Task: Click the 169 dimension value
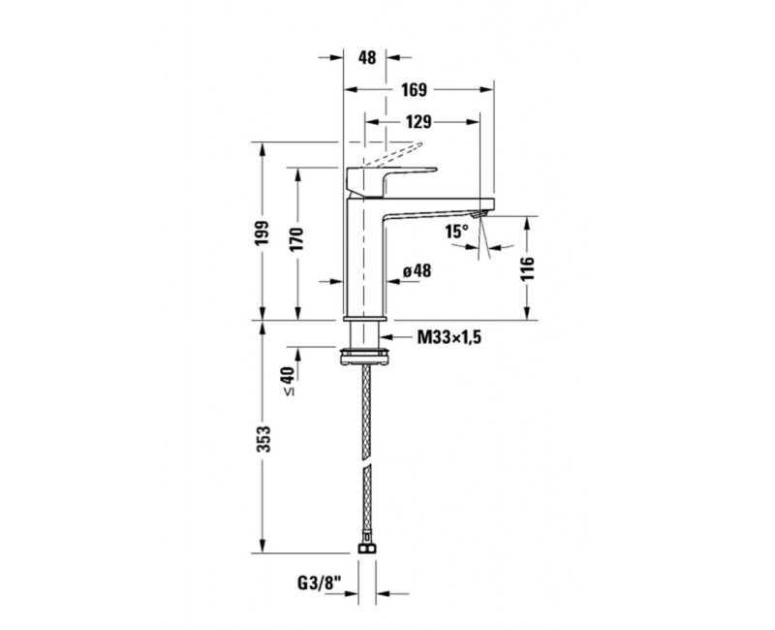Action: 414,89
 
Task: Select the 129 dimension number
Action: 418,122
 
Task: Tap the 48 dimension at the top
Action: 367,57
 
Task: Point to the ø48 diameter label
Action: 417,271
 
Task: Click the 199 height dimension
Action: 263,232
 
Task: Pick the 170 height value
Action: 296,239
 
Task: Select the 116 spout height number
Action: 527,268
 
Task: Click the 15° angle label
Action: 456,231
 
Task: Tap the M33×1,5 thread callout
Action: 449,337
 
